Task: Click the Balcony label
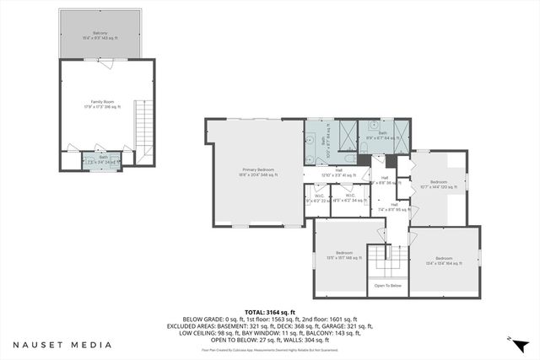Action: tap(101, 35)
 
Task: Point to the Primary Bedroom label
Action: tap(254, 171)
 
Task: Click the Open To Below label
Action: tap(389, 287)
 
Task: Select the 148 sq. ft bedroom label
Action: tap(344, 255)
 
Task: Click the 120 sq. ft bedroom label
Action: tap(439, 185)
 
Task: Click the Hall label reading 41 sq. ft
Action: tap(337, 172)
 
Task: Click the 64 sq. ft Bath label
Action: tap(382, 135)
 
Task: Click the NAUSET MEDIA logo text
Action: tap(62, 345)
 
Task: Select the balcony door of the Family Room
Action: tap(101, 62)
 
